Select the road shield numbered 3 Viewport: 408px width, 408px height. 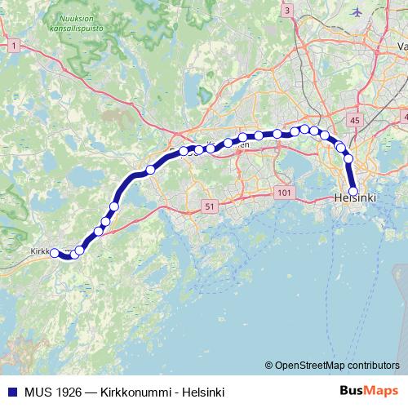[287, 11]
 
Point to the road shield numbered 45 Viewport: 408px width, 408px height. [353, 120]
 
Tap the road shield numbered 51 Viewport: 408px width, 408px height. [210, 207]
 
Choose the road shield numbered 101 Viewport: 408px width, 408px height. [284, 193]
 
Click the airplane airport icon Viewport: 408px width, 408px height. [357, 11]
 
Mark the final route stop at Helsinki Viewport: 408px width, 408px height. [353, 193]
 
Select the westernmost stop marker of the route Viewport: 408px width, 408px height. [55, 254]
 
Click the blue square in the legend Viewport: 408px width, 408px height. [11, 392]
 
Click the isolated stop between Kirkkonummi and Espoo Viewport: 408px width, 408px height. [150, 170]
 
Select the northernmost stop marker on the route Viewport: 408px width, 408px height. [304, 129]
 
